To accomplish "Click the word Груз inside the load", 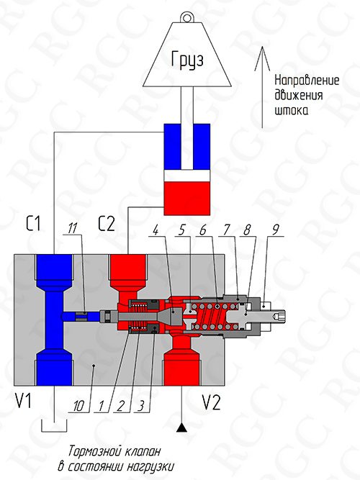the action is (187, 60).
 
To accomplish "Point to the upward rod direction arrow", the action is (262, 87).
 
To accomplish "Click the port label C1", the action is (33, 224).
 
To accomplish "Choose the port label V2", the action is (211, 402).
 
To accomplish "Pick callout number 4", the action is (156, 230).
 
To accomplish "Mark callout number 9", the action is (276, 230).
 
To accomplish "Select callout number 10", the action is (78, 406).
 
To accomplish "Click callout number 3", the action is (140, 406).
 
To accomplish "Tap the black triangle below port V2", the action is (181, 427).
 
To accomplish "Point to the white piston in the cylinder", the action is (187, 176).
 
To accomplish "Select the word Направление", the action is (307, 81).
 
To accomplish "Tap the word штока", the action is (291, 111).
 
